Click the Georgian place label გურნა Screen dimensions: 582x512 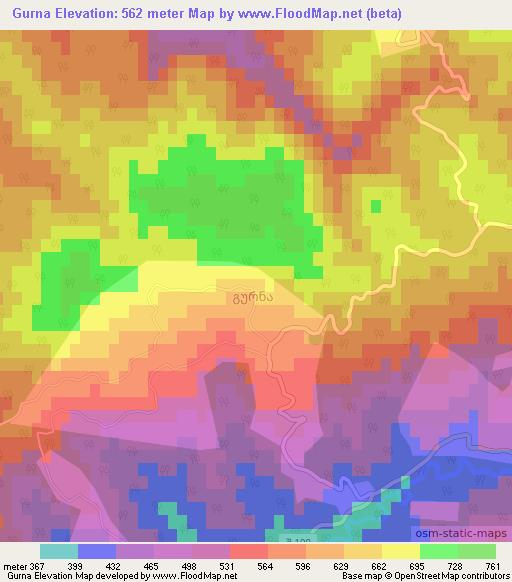click(x=244, y=297)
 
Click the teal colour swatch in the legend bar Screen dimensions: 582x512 click(x=58, y=551)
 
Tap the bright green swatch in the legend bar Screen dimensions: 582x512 click(x=438, y=551)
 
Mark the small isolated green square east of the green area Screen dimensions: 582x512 click(x=376, y=206)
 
